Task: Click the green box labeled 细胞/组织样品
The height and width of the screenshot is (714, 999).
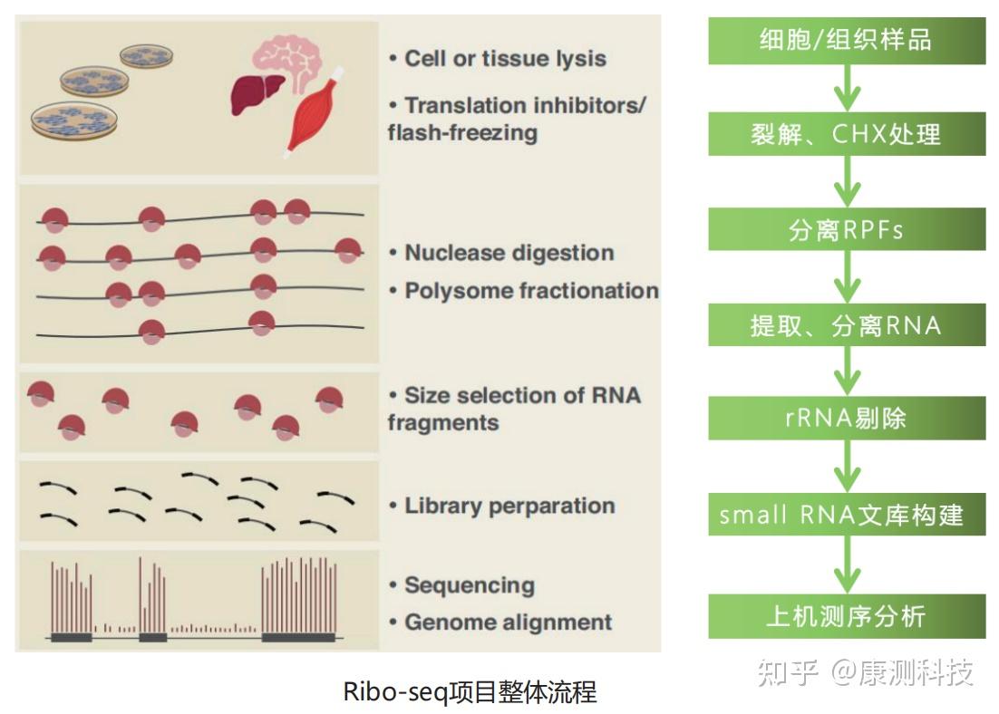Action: tap(846, 41)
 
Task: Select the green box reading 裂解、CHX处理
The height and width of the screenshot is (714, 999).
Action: tap(846, 135)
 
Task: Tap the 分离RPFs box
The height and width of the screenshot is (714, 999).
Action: tap(846, 230)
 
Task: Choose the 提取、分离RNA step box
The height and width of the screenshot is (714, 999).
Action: tap(846, 325)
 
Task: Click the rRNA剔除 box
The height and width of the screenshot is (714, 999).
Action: tap(846, 419)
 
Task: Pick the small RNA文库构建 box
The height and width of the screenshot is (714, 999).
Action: tap(846, 515)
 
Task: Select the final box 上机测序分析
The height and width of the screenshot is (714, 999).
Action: tap(846, 617)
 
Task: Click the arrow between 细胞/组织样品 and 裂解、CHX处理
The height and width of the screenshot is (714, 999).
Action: tap(847, 88)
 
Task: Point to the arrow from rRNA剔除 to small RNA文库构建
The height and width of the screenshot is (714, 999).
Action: tap(847, 467)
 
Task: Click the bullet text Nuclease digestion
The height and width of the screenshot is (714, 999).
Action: tap(509, 253)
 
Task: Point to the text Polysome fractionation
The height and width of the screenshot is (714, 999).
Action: tap(530, 291)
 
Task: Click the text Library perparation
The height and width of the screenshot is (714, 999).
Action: tap(509, 506)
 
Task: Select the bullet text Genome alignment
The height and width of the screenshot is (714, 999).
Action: tap(508, 622)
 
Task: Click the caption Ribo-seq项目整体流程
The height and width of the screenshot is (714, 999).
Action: tap(470, 691)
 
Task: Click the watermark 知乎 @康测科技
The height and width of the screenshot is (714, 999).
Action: tap(865, 671)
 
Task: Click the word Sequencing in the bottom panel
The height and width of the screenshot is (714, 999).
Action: tap(469, 585)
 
